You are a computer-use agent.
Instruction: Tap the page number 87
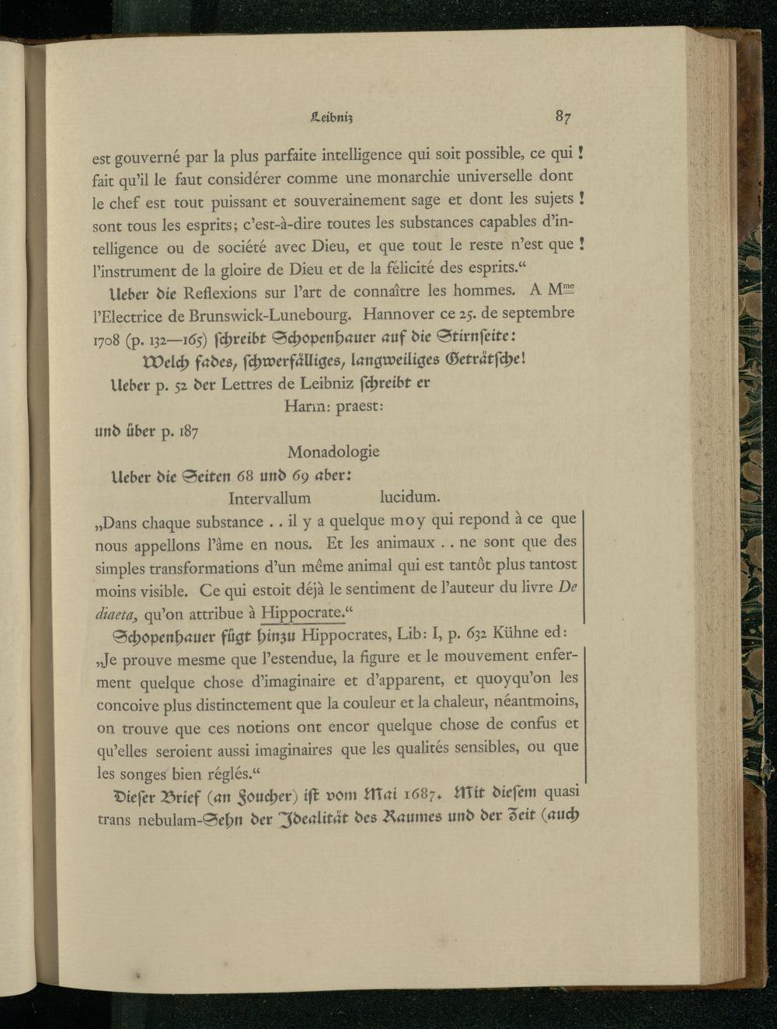pos(563,117)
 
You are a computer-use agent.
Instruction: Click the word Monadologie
pos(333,452)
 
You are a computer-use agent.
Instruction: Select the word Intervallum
pos(270,498)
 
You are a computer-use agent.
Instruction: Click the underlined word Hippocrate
pos(301,613)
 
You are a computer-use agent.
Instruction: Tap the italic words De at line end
pos(567,588)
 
